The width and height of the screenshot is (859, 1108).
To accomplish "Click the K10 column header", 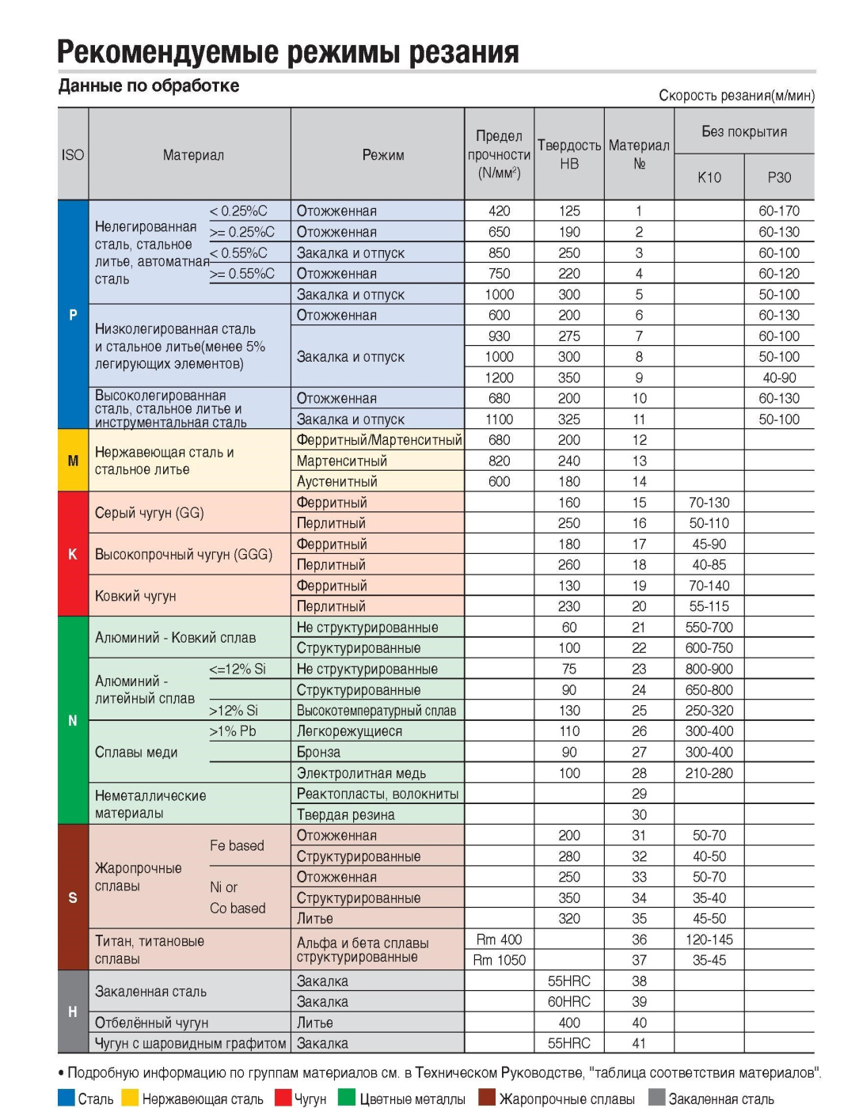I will pyautogui.click(x=709, y=177).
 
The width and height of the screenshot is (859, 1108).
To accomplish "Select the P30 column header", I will pyautogui.click(x=779, y=177).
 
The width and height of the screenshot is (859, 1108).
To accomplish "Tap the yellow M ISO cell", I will pyautogui.click(x=73, y=461).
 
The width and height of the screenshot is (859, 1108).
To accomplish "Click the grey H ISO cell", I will pyautogui.click(x=73, y=1012).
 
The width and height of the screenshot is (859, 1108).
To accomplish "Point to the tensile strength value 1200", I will pyautogui.click(x=499, y=378).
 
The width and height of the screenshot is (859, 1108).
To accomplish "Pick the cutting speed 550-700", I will pyautogui.click(x=709, y=628).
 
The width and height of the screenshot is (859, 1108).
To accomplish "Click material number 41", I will pyautogui.click(x=639, y=1043).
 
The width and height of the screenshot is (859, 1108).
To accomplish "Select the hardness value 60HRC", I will pyautogui.click(x=568, y=1002).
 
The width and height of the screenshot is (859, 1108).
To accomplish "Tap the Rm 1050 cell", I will pyautogui.click(x=499, y=960).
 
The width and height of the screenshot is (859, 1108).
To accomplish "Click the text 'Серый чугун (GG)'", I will pyautogui.click(x=149, y=513).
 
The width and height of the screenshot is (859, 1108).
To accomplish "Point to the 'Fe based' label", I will pyautogui.click(x=237, y=845).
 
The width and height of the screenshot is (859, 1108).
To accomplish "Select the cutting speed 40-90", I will pyautogui.click(x=779, y=378).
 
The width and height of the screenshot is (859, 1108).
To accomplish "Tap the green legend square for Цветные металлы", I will pyautogui.click(x=346, y=1098).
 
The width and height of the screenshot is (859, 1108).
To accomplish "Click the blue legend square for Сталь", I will pyautogui.click(x=67, y=1098).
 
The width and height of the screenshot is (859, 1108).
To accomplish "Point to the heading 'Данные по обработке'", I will pyautogui.click(x=149, y=85).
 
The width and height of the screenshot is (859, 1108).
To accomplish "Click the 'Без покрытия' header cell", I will pyautogui.click(x=744, y=131).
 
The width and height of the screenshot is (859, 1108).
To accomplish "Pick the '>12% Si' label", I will pyautogui.click(x=234, y=711).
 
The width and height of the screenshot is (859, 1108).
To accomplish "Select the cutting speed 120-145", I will pyautogui.click(x=709, y=939).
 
